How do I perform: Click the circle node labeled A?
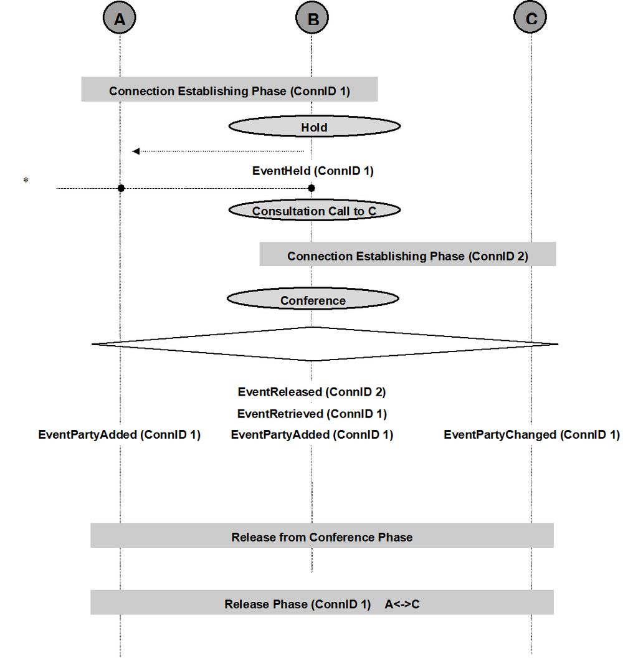point(120,17)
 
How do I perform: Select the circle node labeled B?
point(312,17)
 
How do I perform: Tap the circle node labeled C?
point(530,17)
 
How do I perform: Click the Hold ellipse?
point(314,126)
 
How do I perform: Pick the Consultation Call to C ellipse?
point(314,210)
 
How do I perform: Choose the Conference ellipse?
point(313,299)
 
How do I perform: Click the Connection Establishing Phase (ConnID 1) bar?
point(229,89)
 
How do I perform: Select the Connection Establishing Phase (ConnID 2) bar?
point(408,254)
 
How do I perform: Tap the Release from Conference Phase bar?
point(322,535)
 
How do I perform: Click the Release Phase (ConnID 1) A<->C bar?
point(322,603)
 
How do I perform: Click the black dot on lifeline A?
point(121,188)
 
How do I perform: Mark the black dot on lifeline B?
point(311,188)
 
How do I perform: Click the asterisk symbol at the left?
point(26,181)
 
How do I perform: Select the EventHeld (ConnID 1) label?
point(313,171)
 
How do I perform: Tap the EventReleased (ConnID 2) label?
point(311,392)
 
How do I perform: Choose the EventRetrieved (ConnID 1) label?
point(312,414)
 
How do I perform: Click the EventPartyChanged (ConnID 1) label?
point(532,435)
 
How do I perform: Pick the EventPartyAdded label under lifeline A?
point(120,435)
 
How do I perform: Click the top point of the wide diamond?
point(312,327)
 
